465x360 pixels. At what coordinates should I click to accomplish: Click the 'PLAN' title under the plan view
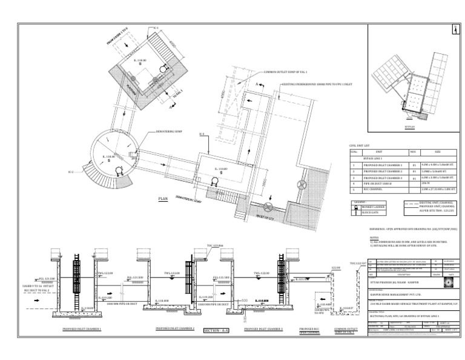pyautogui.click(x=162, y=198)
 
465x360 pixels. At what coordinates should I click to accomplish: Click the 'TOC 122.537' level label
pyautogui.click(x=358, y=264)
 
